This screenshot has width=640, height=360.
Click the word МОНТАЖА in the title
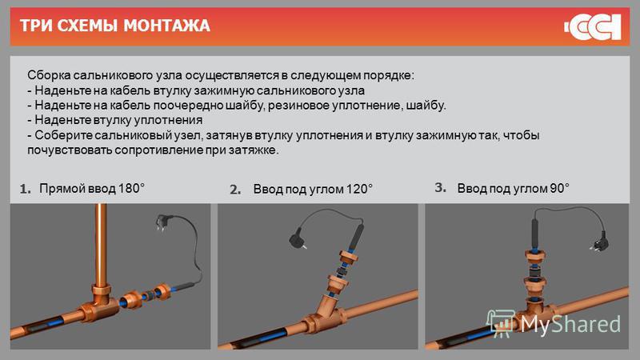166,26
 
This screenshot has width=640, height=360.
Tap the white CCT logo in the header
593,27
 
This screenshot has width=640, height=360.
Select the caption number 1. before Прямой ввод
26,189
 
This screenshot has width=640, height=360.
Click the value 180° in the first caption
131,188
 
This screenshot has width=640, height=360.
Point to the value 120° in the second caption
359,189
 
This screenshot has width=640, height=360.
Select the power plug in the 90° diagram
599,244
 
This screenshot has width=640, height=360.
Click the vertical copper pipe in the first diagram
101,244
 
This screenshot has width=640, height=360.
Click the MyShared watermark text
570,324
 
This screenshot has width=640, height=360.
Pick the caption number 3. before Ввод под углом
441,187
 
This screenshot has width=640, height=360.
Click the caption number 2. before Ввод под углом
235,190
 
